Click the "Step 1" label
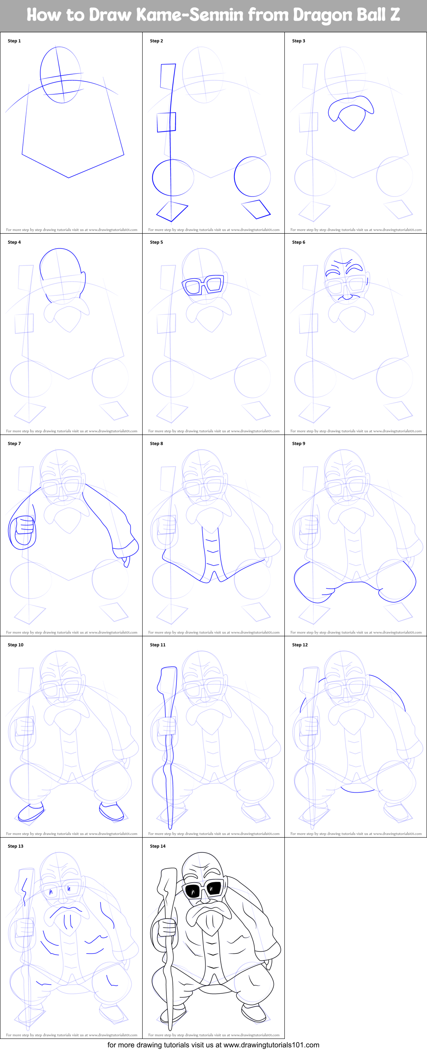pyautogui.click(x=14, y=41)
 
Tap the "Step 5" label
pyautogui.click(x=156, y=242)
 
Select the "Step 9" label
pyautogui.click(x=298, y=443)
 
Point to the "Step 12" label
pyautogui.click(x=300, y=645)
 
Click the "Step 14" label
pyautogui.click(x=158, y=846)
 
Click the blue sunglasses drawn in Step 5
pyautogui.click(x=203, y=285)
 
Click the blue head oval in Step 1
pyautogui.click(x=60, y=75)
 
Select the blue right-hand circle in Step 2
pyautogui.click(x=252, y=176)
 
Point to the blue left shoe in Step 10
pyautogui.click(x=31, y=812)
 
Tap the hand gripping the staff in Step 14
pyautogui.click(x=166, y=928)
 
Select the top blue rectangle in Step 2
pyautogui.click(x=168, y=76)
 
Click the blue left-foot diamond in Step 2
pyautogui.click(x=172, y=211)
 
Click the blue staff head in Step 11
pyautogui.click(x=168, y=679)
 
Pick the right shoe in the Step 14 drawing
pyautogui.click(x=253, y=1013)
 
